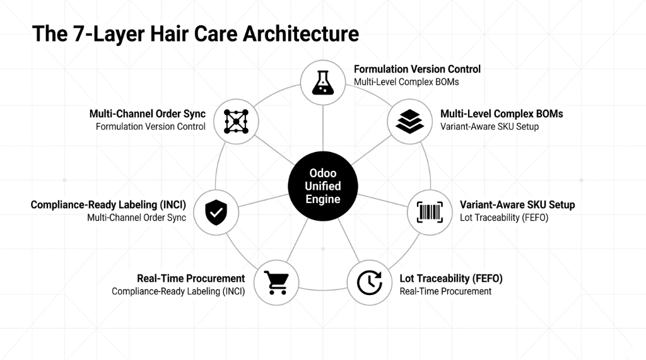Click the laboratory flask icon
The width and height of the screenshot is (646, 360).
click(323, 82)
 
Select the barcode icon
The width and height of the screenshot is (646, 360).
click(430, 211)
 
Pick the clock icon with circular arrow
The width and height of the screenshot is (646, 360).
click(370, 282)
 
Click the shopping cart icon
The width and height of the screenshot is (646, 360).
click(276, 282)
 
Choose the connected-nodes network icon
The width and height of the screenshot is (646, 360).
click(236, 120)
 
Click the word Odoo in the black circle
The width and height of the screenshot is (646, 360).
click(323, 173)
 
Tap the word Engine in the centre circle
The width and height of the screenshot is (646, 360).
click(323, 200)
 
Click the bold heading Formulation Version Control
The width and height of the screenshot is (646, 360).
click(417, 69)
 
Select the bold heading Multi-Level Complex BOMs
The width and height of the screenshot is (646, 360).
click(502, 114)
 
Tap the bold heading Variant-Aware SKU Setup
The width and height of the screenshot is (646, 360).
click(517, 205)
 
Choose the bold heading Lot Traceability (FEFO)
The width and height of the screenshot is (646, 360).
click(451, 279)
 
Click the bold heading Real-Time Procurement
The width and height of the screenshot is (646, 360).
click(191, 279)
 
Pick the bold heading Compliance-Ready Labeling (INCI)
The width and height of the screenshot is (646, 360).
click(108, 205)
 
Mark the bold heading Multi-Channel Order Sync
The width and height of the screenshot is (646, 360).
click(147, 114)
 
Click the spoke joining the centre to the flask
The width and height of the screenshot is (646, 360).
click(323, 129)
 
